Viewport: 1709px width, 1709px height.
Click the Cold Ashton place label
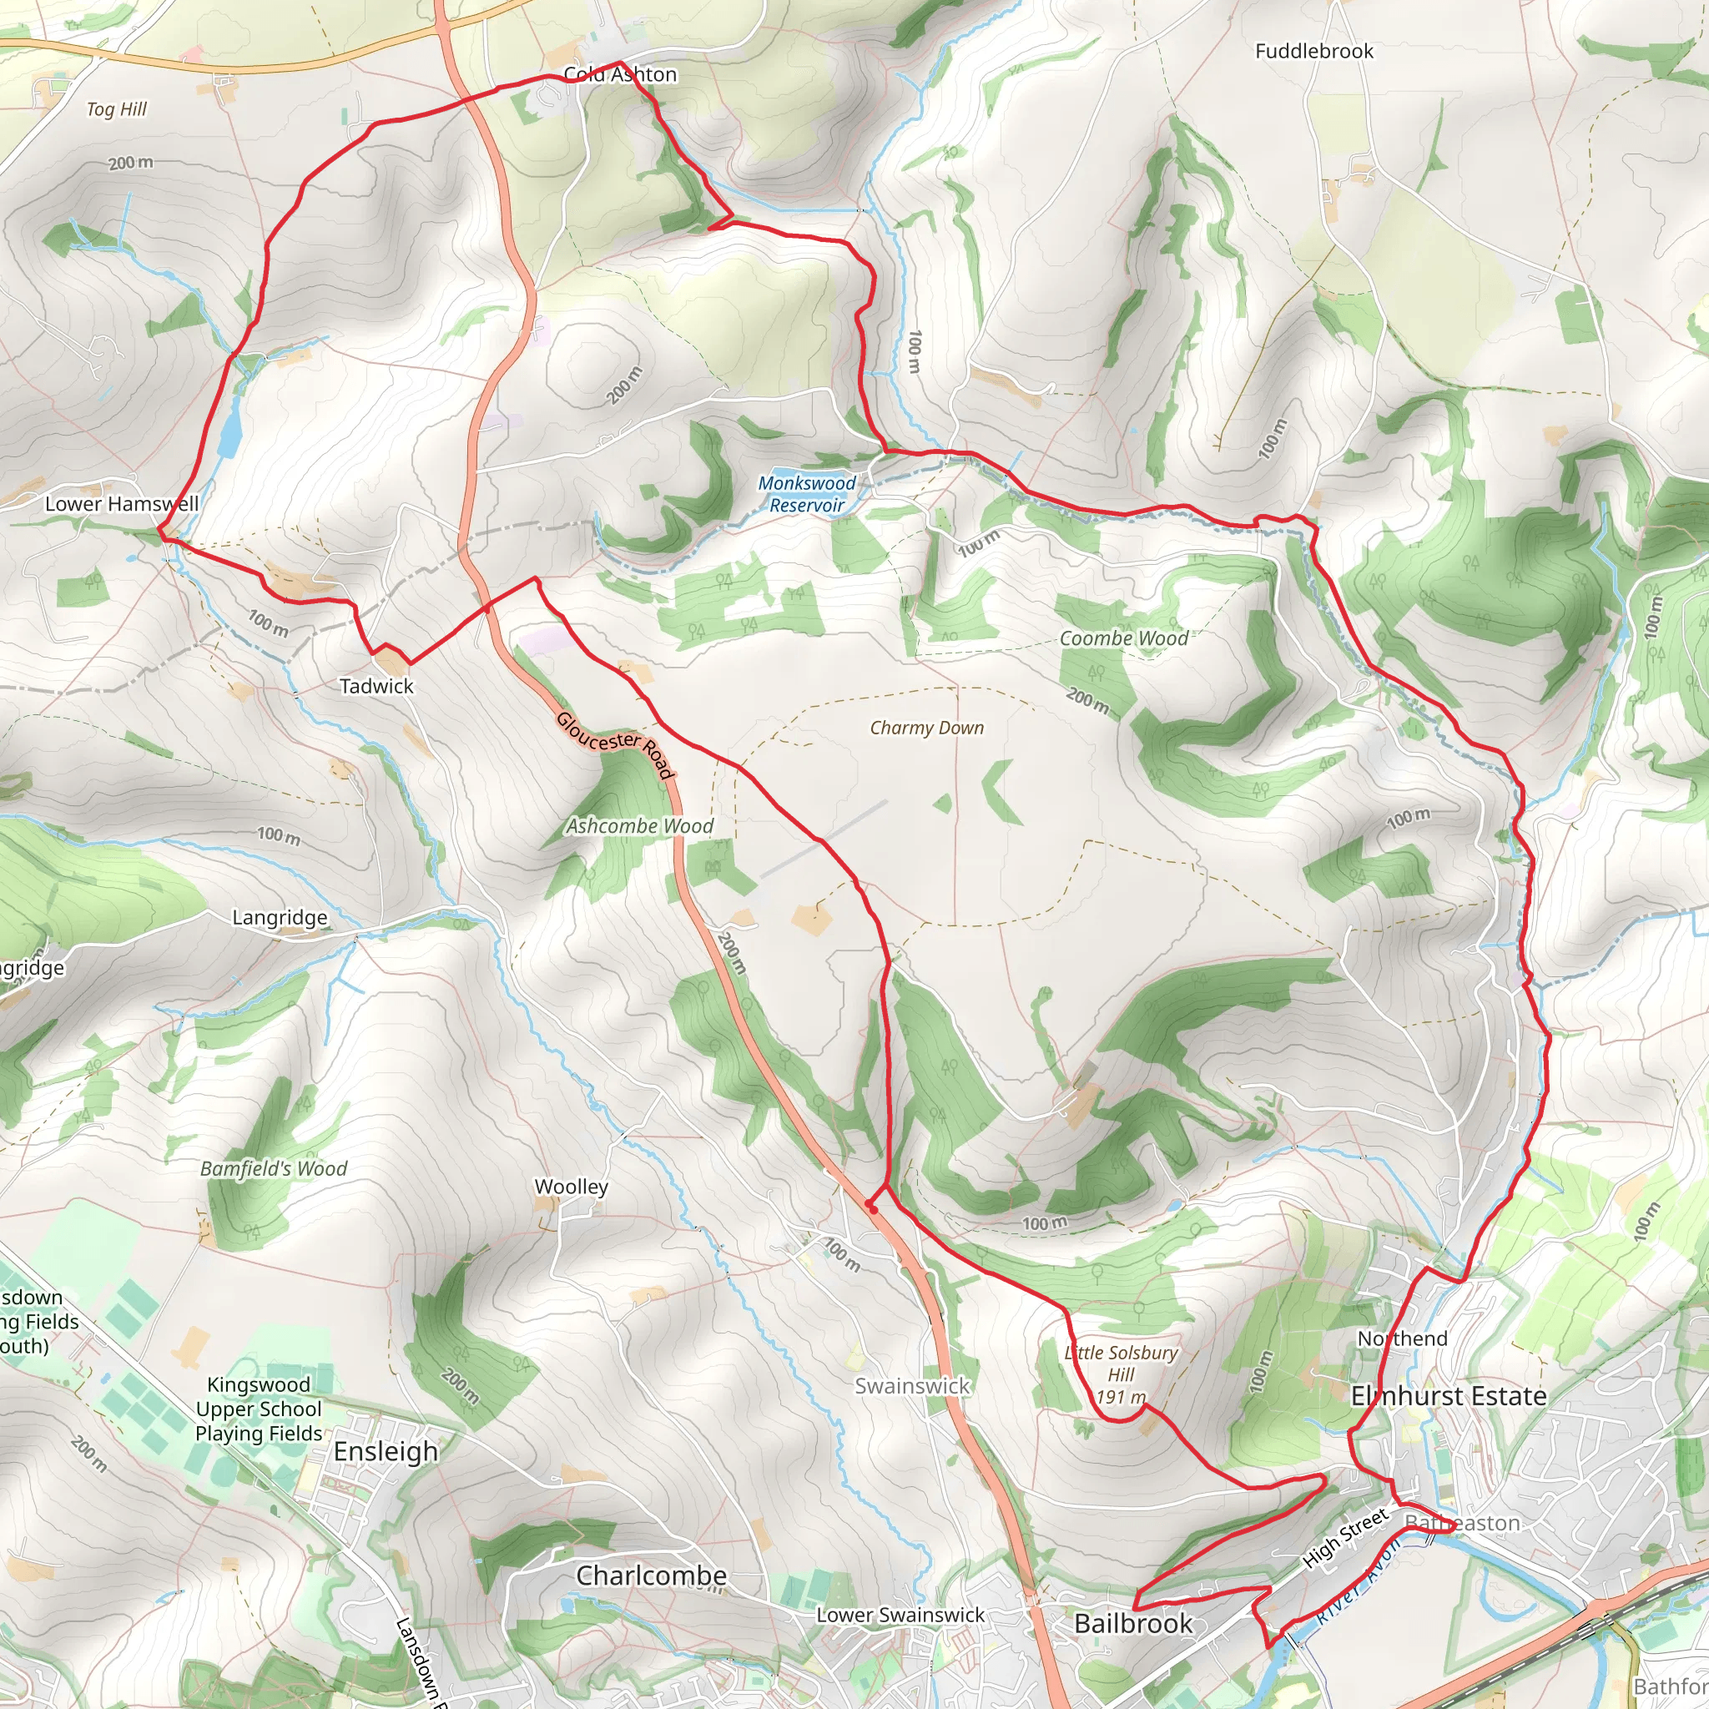pos(620,74)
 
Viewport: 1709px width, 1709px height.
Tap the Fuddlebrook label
pos(1313,51)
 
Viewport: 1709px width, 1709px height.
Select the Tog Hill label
pos(116,109)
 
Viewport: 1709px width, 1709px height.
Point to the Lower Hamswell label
pos(121,504)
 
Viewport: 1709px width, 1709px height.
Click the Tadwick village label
pos(376,686)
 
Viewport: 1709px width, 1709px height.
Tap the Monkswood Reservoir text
pos(807,495)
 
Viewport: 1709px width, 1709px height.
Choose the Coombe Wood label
pos(1123,638)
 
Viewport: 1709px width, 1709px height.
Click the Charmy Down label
pos(926,728)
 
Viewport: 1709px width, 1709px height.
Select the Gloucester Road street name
pos(616,745)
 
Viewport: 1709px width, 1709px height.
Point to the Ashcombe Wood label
pos(639,826)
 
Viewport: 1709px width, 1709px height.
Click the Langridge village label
pos(280,917)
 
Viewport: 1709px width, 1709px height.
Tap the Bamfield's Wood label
pos(274,1168)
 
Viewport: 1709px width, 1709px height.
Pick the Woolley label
pos(571,1187)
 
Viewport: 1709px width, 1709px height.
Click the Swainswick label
pos(912,1386)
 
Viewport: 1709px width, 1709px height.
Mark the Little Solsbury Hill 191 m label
pos(1121,1374)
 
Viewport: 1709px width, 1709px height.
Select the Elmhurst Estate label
pos(1449,1396)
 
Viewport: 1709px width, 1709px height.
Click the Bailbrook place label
pos(1133,1623)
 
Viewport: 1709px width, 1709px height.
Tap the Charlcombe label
pos(651,1575)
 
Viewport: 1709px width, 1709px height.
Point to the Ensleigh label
pos(386,1452)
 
